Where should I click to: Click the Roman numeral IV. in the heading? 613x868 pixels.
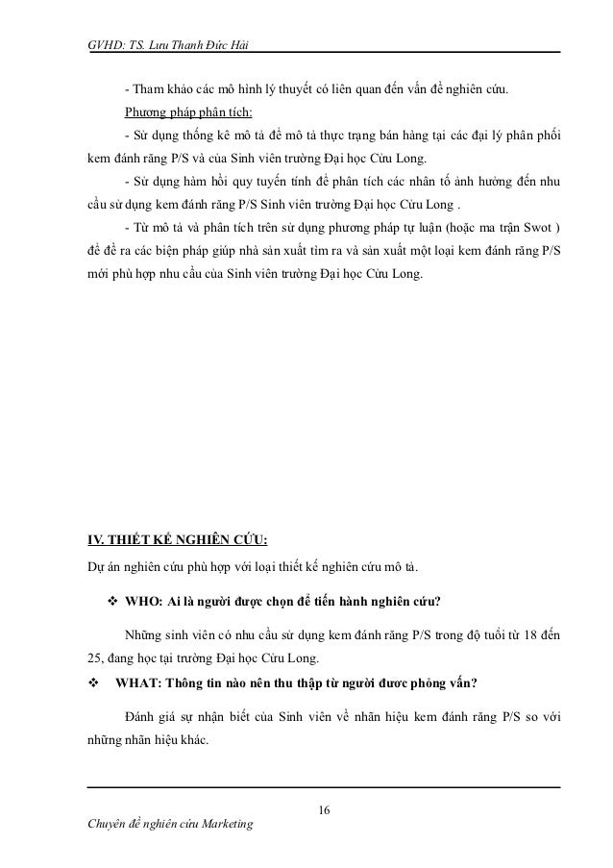click(x=96, y=536)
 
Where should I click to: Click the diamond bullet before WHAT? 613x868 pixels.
click(x=93, y=684)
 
